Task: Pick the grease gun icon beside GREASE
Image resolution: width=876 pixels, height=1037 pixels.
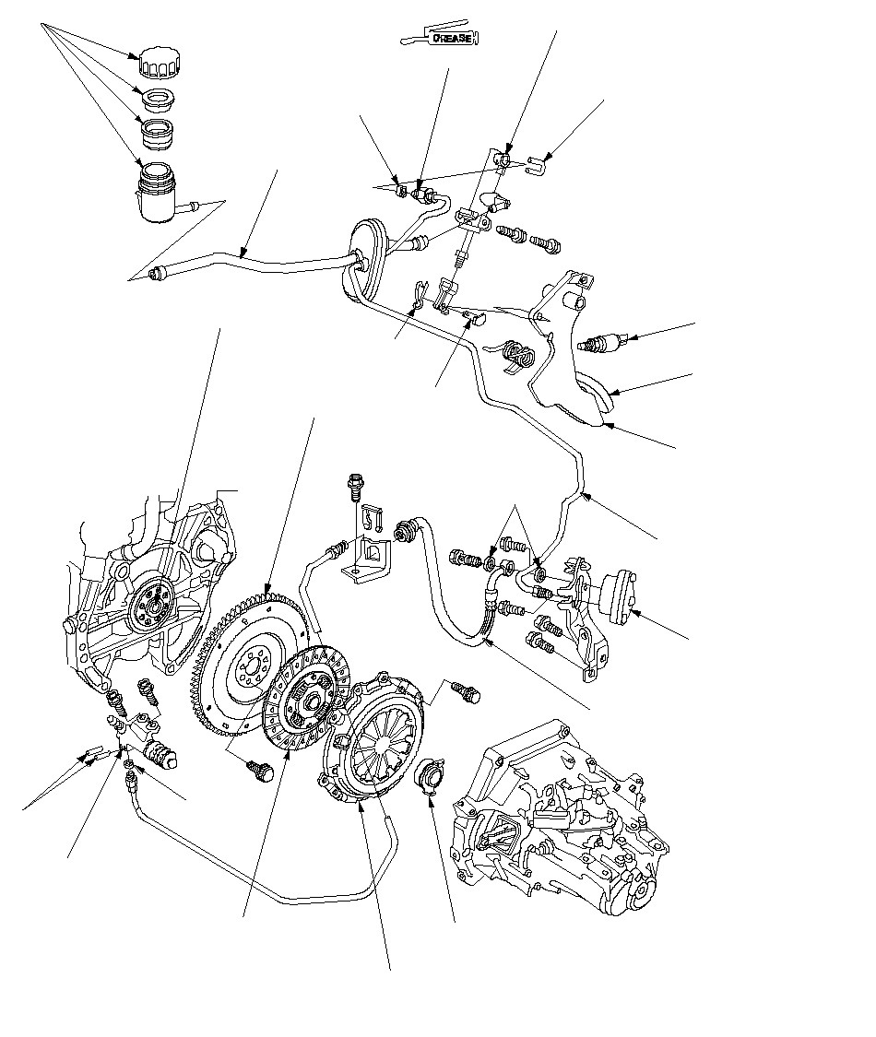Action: (x=415, y=39)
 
